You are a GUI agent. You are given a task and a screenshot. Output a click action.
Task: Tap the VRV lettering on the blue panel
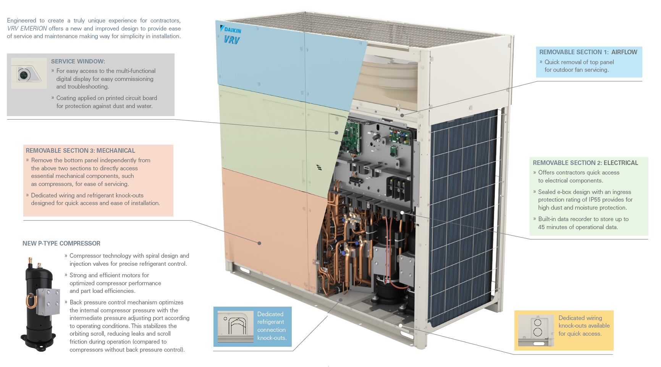[x=231, y=39]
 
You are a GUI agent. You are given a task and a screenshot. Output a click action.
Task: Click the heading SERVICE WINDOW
[x=78, y=61]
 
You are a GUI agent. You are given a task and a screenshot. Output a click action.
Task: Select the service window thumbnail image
[x=29, y=73]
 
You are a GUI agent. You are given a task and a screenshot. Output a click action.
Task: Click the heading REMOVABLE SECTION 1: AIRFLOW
[x=588, y=52]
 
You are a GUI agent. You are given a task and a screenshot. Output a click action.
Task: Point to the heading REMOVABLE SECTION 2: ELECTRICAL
[x=585, y=163]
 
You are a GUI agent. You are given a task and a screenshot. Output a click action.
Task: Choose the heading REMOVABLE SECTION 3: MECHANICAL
[x=80, y=151]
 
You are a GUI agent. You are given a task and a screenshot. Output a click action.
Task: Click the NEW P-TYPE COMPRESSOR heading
[x=61, y=244]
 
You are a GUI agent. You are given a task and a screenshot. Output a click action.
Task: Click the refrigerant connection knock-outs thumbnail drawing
[x=235, y=327]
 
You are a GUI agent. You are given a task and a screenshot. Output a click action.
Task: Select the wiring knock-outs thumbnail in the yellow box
[x=536, y=330]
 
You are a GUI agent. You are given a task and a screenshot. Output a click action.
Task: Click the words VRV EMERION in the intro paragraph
[x=27, y=29]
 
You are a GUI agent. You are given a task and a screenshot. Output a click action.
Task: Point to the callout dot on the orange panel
[x=259, y=243]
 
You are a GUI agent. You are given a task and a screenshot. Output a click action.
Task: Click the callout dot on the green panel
[x=336, y=133]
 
